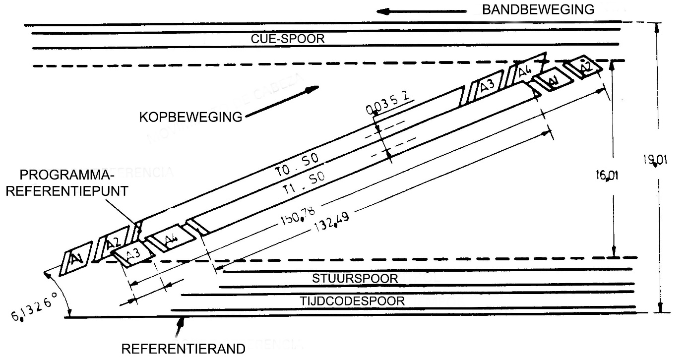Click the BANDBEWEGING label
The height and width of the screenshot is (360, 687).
[x=538, y=9]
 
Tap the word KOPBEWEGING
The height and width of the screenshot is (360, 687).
[x=190, y=118]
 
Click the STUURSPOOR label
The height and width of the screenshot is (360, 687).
[x=355, y=278]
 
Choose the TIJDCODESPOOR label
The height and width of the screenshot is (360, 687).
[x=352, y=300]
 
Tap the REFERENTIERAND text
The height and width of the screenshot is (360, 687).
[x=184, y=349]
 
